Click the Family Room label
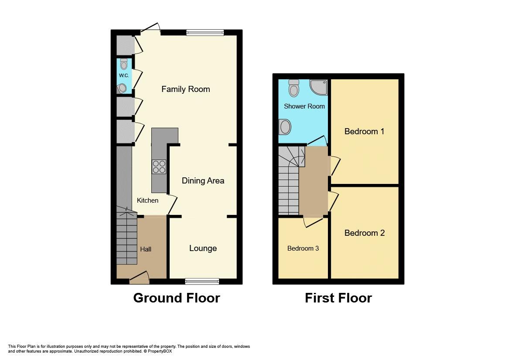pos(185,89)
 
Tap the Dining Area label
pos(203,180)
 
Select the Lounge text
pos(203,248)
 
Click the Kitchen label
pos(147,200)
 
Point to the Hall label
pos(146,249)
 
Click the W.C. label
pos(124,75)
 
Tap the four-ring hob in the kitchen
pos(159,167)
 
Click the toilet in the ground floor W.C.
pos(124,65)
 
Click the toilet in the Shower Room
pos(294,88)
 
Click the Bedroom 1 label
pos(364,131)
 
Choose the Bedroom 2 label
pos(364,233)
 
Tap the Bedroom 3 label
pos(303,248)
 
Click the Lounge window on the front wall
pos(202,282)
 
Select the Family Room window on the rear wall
pos(205,32)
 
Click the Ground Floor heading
pos(176,298)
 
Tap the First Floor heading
pos(338,298)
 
